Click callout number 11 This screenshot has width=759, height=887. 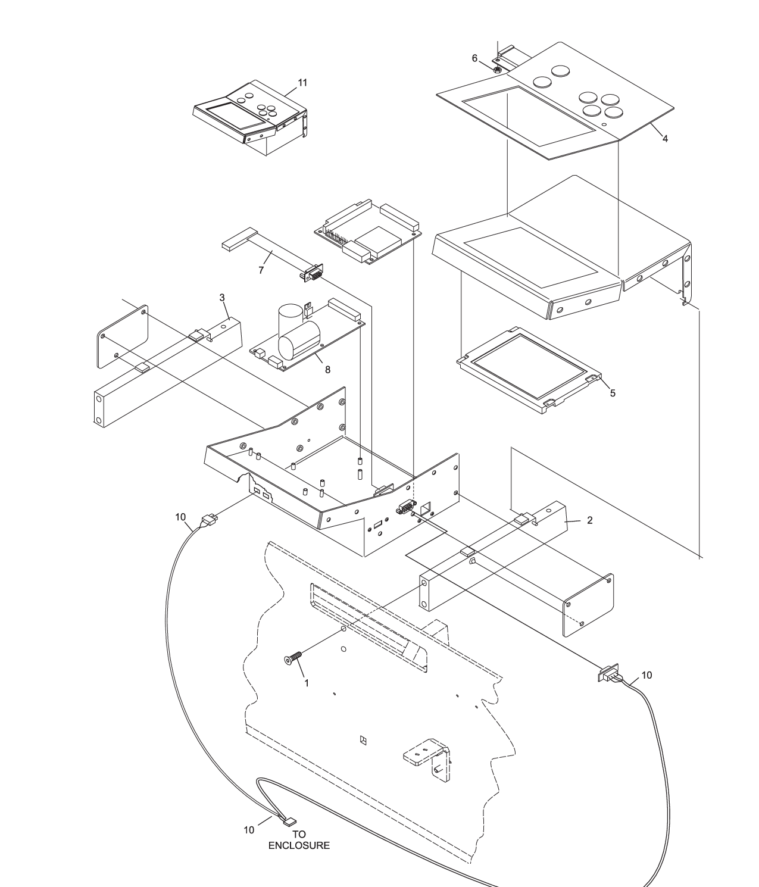pos(302,83)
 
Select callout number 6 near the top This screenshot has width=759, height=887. pos(474,58)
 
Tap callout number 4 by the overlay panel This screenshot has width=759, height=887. pos(665,139)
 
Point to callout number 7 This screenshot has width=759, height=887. pos(261,270)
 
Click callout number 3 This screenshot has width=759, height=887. pos(221,297)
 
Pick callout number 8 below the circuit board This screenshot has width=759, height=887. pos(327,369)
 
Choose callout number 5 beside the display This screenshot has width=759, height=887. pos(612,393)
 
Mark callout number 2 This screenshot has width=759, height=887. pos(589,520)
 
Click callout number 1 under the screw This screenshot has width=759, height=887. pos(307,683)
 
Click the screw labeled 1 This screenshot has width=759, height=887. pos(292,658)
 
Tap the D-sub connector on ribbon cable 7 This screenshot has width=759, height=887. pos(313,274)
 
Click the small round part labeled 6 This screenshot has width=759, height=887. pos(497,69)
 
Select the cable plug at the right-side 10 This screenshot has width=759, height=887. pos(607,676)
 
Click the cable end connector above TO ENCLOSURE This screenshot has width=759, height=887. pos(290,822)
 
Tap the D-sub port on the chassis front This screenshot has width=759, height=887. pos(405,508)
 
